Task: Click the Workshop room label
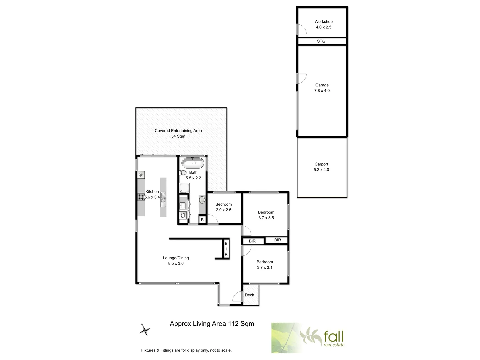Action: click(323, 22)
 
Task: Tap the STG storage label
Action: click(321, 41)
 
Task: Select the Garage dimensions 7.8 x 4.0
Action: click(322, 91)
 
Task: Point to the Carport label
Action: click(321, 164)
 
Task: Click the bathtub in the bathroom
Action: click(193, 163)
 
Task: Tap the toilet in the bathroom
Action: click(183, 173)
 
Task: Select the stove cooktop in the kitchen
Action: click(140, 197)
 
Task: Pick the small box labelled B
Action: click(202, 220)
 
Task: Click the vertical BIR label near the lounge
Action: click(226, 249)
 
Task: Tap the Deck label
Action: click(249, 295)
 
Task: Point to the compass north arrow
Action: click(145, 330)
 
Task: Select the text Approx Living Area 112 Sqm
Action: click(212, 324)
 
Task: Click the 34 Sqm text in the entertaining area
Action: click(178, 136)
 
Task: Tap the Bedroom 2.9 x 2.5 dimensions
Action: click(223, 210)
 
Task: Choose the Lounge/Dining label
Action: click(176, 258)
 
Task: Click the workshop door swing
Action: click(302, 29)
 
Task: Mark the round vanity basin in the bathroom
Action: click(202, 200)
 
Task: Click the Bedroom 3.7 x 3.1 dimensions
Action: click(265, 268)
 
